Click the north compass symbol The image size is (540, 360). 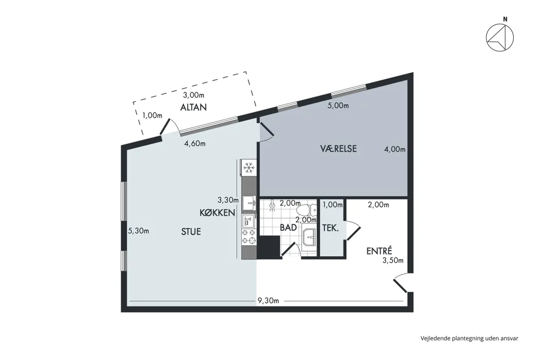[500, 38]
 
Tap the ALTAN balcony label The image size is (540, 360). [193, 107]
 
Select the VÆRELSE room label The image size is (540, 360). [338, 149]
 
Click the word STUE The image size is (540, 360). [191, 232]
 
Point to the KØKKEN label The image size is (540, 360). [218, 213]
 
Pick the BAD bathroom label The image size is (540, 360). [288, 228]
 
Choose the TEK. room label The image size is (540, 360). [330, 228]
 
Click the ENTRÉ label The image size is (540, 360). [379, 251]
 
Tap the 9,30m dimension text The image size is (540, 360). [268, 301]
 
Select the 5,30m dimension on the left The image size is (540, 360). [138, 231]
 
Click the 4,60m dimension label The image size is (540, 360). [195, 143]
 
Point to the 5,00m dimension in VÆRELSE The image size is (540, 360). [338, 106]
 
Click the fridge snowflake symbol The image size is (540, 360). [248, 168]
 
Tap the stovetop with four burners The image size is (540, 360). [248, 237]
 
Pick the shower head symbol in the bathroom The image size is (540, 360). [273, 205]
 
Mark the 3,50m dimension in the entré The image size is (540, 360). [393, 261]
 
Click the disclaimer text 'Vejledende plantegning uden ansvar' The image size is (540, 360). [469, 338]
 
